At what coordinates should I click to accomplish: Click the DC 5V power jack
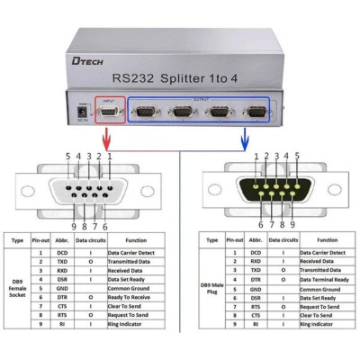pyautogui.click(x=83, y=111)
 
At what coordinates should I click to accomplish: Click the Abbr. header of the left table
pyautogui.click(x=61, y=240)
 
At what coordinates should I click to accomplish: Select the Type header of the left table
pyautogui.click(x=16, y=240)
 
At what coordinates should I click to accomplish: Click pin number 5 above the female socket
pyautogui.click(x=67, y=157)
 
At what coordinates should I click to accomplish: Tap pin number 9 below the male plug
pyautogui.click(x=292, y=224)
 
